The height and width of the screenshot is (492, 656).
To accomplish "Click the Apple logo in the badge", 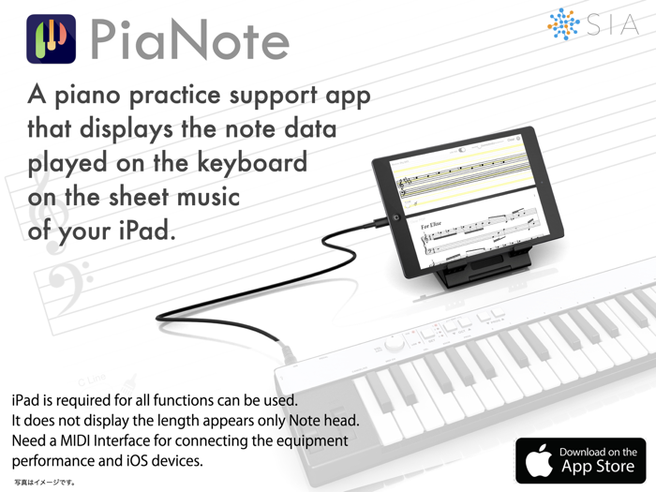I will pyautogui.click(x=538, y=459).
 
